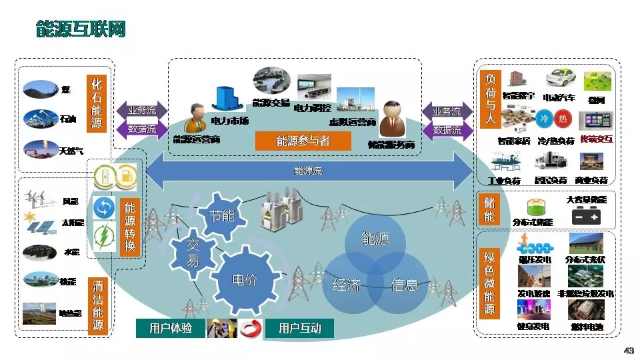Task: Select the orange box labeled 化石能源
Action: [x=97, y=107]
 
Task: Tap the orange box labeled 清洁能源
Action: [x=98, y=303]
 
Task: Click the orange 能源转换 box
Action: [x=130, y=227]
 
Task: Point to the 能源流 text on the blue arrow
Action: [x=308, y=171]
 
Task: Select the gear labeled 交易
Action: [x=193, y=253]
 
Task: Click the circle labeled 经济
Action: [x=346, y=285]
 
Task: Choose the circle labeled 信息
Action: [x=404, y=285]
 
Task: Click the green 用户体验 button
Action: [x=171, y=328]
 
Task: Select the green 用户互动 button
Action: [x=299, y=328]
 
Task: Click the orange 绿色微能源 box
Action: [x=490, y=283]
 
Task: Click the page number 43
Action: [x=628, y=351]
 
